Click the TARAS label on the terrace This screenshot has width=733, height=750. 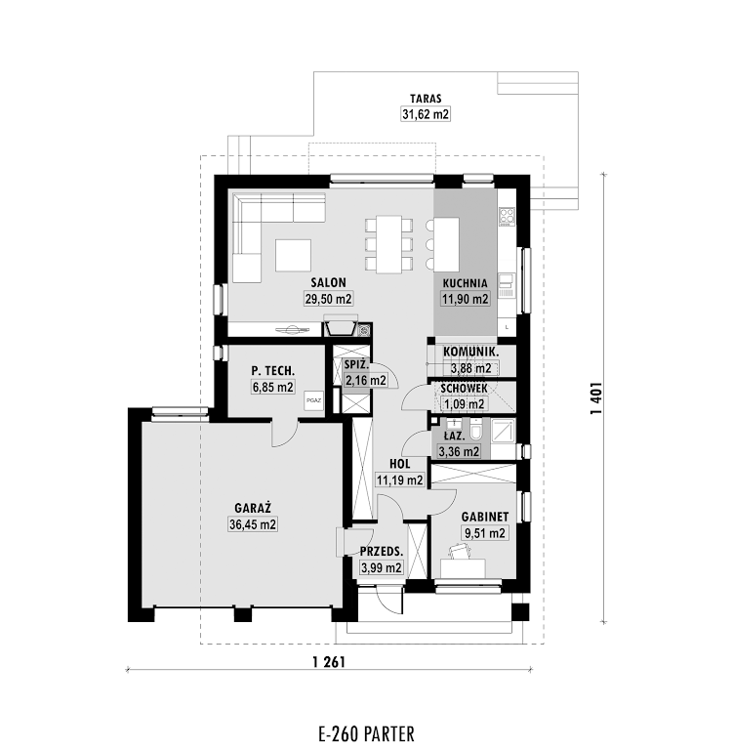point(426,99)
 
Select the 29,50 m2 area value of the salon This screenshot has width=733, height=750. point(329,299)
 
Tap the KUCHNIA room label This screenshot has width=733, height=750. point(465,283)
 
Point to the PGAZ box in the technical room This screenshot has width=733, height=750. point(313,400)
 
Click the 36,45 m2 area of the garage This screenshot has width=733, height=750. point(253,524)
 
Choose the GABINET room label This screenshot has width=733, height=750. point(485,517)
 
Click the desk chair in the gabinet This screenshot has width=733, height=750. point(460,551)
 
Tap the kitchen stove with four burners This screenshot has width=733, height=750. point(507,216)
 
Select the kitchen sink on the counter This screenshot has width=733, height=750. point(506,285)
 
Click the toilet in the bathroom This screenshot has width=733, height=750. point(476,429)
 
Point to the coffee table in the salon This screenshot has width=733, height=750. point(293,255)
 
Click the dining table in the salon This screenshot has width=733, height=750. point(388,244)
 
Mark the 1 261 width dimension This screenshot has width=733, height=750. point(329,662)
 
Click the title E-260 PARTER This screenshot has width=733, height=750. point(366,733)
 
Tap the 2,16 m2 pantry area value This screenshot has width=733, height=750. point(365,380)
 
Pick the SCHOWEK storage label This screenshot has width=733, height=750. point(464,389)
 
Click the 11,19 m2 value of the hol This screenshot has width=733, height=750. point(400,479)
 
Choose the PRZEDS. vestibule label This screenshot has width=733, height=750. point(382,552)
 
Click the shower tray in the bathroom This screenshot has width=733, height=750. point(503,430)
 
